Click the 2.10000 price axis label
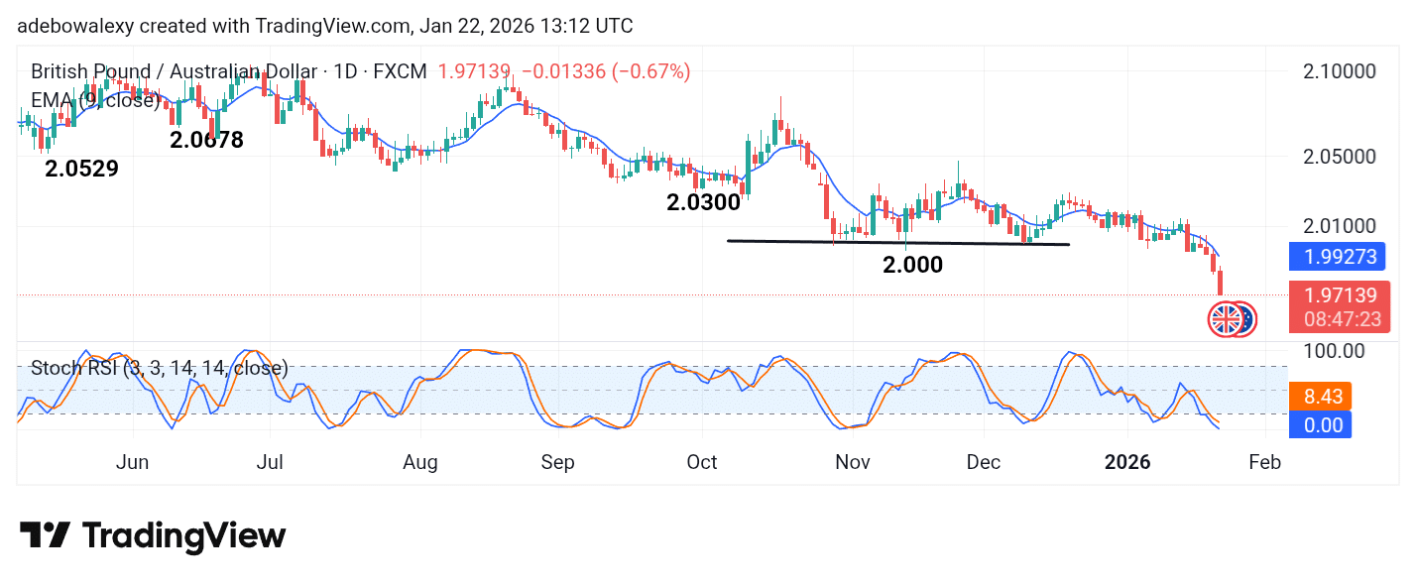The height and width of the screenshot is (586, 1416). [1339, 71]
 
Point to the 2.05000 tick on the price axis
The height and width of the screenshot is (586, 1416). [1339, 157]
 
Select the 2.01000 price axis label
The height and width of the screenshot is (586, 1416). [1339, 227]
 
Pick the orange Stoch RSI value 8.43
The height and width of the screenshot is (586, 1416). [1323, 398]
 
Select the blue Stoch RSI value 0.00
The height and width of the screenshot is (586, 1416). [1323, 425]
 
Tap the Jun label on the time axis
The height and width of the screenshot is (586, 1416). [132, 463]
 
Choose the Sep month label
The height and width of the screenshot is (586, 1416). [558, 463]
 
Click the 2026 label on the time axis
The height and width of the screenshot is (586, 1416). [1127, 463]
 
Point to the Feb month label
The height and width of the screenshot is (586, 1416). [1264, 463]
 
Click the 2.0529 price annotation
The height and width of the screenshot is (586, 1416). [81, 170]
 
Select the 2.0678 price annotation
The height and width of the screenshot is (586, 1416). [206, 141]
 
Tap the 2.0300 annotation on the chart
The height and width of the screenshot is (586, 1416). [703, 203]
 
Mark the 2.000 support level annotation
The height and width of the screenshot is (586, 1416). [912, 265]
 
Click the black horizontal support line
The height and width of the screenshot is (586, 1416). [897, 242]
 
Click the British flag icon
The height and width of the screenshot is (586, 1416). [1226, 319]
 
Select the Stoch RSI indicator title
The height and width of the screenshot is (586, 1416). [160, 369]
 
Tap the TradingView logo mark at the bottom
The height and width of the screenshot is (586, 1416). [45, 536]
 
